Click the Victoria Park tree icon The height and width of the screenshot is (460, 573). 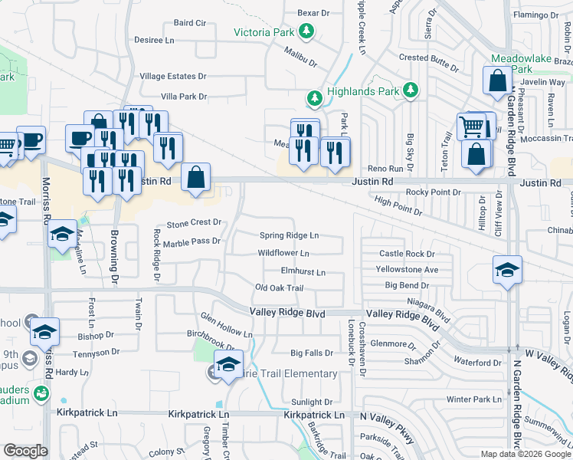coord(307,31)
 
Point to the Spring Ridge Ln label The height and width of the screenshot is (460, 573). coord(289,235)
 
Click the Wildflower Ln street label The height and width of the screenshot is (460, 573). coord(283,252)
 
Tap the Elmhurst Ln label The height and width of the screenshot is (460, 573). coord(303,271)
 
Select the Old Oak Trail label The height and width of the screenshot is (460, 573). coord(280,288)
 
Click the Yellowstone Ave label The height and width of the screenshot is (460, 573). coord(407,269)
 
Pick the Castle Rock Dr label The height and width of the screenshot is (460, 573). coord(407,253)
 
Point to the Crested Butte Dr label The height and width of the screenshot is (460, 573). coord(429,58)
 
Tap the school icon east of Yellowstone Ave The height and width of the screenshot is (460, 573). coord(507,270)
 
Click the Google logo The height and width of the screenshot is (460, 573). coord(25,451)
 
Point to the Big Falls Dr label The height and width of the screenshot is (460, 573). coord(312,353)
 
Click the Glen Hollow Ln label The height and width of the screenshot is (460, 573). coord(226,325)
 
